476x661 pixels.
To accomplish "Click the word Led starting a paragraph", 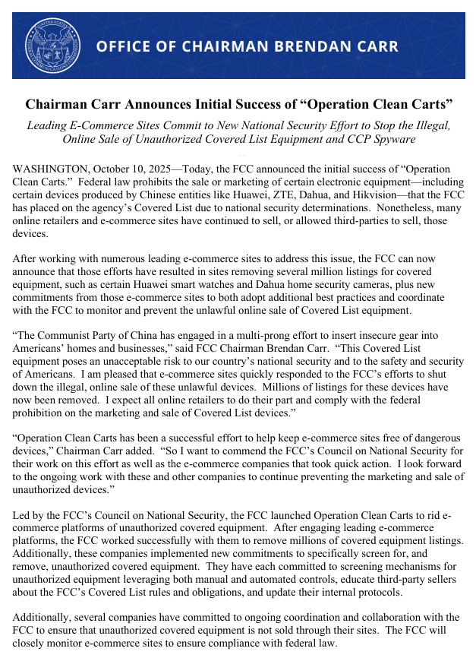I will coord(23,515).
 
